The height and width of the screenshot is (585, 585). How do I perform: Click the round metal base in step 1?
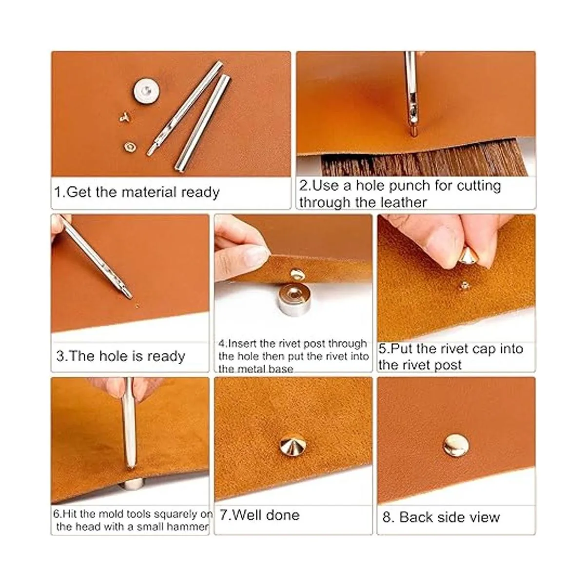tap(146, 91)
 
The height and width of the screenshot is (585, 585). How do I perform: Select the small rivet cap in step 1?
tap(130, 147)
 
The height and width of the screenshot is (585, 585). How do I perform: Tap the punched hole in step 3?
tap(137, 306)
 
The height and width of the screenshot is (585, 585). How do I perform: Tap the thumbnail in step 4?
tap(257, 255)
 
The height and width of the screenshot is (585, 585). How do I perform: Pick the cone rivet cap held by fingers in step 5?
tap(468, 255)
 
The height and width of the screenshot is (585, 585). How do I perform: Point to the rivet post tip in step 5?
tap(464, 286)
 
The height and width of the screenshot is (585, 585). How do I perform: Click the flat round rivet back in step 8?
tap(456, 446)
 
